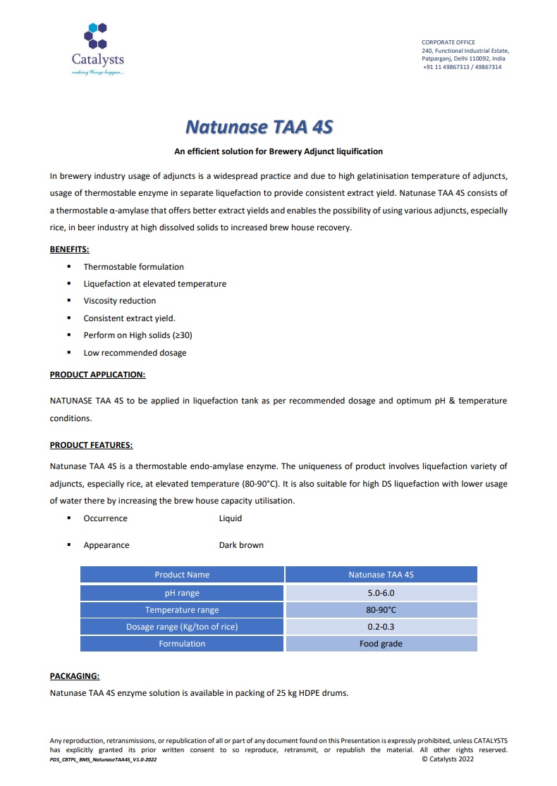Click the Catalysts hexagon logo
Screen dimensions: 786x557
pos(97,35)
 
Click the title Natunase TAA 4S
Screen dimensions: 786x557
pos(259,127)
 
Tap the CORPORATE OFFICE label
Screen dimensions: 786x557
pos(448,42)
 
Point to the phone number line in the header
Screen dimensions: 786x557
pos(462,67)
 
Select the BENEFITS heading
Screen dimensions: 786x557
pos(69,249)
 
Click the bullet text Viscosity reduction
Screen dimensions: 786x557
pos(120,301)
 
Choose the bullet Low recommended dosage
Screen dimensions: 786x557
pos(135,353)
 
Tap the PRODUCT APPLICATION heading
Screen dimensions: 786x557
pos(97,375)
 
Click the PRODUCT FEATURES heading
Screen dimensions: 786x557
pos(91,445)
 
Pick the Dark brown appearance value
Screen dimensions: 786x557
pos(241,545)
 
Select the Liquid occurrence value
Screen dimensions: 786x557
pos(231,518)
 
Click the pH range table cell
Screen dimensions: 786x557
pos(182,593)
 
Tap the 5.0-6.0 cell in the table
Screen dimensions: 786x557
pos(381,593)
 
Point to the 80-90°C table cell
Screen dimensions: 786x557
pos(381,610)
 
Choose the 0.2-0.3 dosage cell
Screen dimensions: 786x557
pos(381,627)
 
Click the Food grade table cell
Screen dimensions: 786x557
pos(381,644)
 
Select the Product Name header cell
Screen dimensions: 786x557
pos(182,575)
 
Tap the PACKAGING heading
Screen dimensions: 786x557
pos(75,676)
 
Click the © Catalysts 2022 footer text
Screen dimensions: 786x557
pos(448,759)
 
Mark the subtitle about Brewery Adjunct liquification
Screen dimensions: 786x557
pos(278,151)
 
